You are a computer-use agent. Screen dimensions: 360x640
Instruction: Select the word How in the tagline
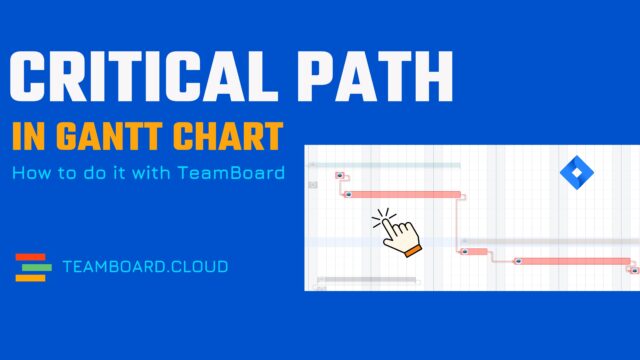click(29, 173)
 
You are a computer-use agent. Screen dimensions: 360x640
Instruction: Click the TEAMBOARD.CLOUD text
click(144, 267)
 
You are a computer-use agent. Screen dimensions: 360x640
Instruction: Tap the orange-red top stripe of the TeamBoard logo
click(33, 257)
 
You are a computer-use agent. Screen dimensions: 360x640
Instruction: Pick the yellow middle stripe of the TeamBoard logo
click(33, 267)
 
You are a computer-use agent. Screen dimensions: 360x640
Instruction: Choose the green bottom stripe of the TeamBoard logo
click(33, 277)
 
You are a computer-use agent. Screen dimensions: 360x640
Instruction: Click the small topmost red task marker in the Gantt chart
click(339, 176)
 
